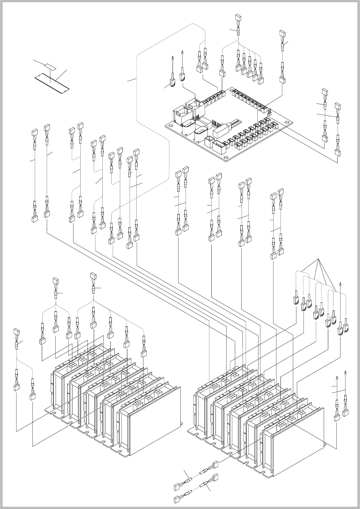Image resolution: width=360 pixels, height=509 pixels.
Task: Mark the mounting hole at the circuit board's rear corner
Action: click(232, 90)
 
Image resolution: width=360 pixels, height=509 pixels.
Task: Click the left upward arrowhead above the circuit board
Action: click(173, 57)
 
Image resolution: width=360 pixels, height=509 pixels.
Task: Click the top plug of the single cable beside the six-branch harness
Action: click(283, 33)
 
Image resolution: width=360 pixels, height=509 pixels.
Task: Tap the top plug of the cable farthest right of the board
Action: click(338, 106)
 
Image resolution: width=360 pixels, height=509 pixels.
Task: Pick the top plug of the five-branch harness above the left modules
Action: click(93, 277)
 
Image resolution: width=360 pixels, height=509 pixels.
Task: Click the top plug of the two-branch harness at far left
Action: click(16, 331)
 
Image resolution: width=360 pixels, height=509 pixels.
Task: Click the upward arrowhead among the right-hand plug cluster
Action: click(340, 284)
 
